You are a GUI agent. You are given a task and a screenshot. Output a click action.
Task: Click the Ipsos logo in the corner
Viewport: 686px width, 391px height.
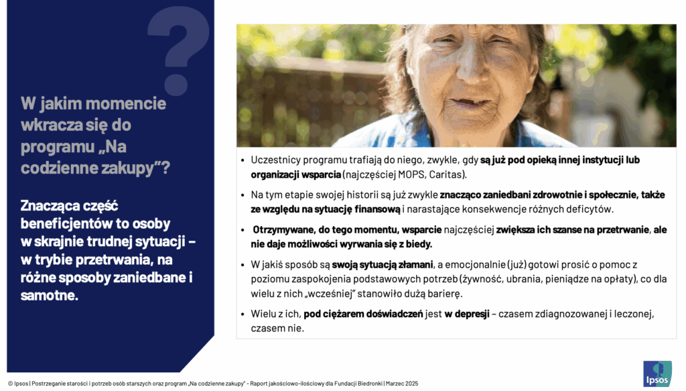coord(657,374)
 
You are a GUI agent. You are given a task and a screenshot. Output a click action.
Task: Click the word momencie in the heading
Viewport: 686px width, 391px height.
coord(125,103)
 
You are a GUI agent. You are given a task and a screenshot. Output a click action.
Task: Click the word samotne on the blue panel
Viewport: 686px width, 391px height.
coord(49,295)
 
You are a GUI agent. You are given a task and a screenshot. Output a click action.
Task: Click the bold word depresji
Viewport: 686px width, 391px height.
coord(467,314)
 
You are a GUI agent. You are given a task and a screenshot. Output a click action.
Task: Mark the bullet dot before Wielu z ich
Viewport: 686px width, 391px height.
coord(243,315)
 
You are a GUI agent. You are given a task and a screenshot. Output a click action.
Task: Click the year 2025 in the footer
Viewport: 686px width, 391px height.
coord(412,384)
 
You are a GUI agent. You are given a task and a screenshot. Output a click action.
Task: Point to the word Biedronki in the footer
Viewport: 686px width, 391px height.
coord(370,384)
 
